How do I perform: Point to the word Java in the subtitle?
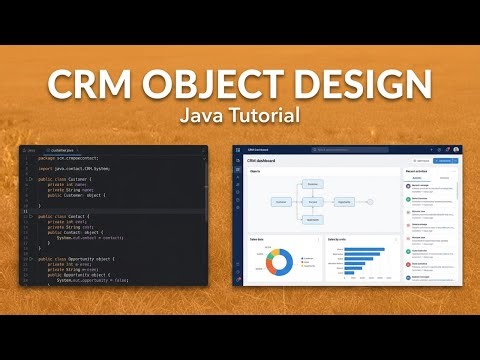(x=205, y=115)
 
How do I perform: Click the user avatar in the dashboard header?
(x=456, y=149)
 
